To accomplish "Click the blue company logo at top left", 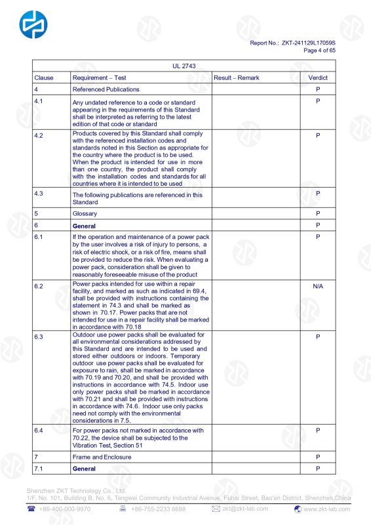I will coord(33,25).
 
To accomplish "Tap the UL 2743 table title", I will coord(184,66).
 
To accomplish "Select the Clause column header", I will coord(44,77).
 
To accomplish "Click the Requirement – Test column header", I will coord(99,77).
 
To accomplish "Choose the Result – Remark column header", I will coord(237,77).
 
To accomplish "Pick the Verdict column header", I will coord(318,77).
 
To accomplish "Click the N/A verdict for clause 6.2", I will coord(318,287).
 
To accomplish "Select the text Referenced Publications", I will coord(106,89).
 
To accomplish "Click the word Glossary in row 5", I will coord(85,213).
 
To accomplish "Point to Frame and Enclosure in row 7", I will coord(102,457).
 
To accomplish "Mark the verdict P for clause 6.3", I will coord(318,337).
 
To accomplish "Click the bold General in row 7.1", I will coord(84,469).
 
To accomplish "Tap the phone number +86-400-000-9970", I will coord(64,509).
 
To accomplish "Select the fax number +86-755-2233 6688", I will coord(158,509).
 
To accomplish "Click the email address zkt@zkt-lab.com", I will coord(245,509).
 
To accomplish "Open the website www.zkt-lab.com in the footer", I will coord(328,509).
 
